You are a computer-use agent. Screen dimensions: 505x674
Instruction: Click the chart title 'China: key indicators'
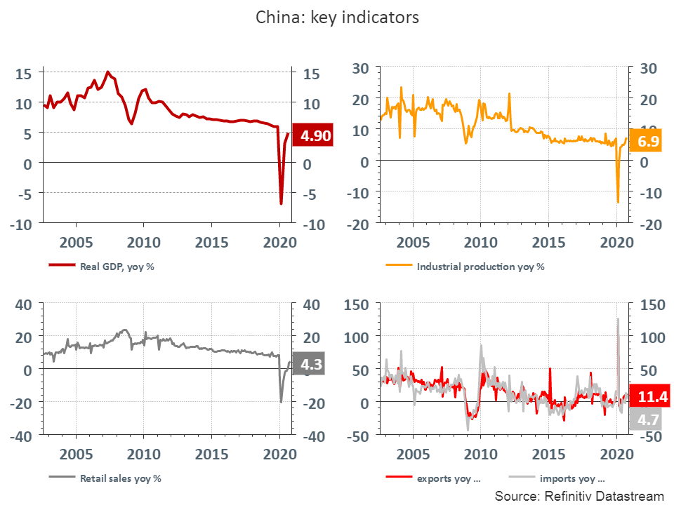pyautogui.click(x=337, y=18)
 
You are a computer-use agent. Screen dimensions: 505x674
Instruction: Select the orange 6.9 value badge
pyautogui.click(x=648, y=142)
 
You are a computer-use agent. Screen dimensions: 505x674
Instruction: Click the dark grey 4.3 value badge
pyautogui.click(x=312, y=365)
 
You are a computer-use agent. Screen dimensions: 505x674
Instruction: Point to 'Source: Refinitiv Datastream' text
pyautogui.click(x=579, y=496)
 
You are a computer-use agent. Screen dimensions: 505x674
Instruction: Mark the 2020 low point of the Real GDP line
pyautogui.click(x=281, y=203)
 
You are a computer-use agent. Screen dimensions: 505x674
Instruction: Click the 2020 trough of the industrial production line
pyautogui.click(x=618, y=202)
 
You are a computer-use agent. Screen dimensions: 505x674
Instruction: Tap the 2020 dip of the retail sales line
pyautogui.click(x=281, y=402)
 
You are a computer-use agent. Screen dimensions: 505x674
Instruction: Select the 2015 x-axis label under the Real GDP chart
pyautogui.click(x=211, y=243)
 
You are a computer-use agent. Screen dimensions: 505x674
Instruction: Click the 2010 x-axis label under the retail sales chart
pyautogui.click(x=143, y=454)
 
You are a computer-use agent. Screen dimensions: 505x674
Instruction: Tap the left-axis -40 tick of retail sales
pyautogui.click(x=25, y=436)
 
